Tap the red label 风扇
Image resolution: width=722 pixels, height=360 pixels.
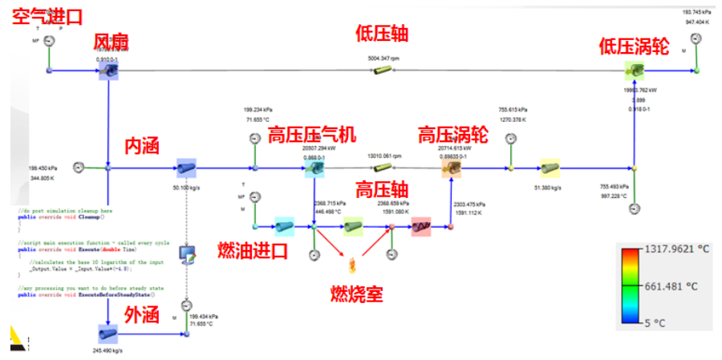112,42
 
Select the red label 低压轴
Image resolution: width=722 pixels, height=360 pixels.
382,34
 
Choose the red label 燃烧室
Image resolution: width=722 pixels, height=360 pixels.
356,293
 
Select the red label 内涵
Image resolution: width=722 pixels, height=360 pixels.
142,146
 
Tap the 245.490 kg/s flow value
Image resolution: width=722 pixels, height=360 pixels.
107,350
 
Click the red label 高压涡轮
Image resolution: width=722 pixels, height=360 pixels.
452,133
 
